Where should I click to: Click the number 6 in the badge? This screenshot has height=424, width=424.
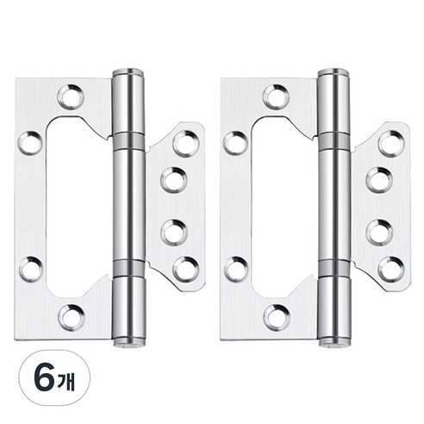(44, 377)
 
